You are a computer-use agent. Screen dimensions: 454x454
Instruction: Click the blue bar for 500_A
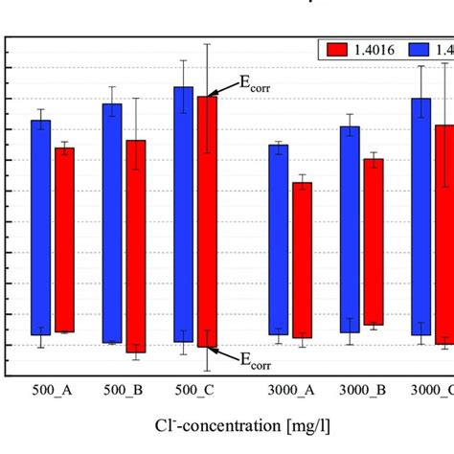(41, 227)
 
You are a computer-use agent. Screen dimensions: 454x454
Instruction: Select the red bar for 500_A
(64, 239)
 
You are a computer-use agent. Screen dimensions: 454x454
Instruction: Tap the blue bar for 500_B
(112, 223)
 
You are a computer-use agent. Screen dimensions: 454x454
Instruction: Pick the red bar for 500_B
(136, 246)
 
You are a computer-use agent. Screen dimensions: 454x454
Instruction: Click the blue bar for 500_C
(183, 214)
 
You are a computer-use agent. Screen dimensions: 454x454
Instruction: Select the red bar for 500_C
(207, 221)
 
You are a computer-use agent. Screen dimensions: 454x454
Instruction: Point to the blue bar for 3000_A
(278, 239)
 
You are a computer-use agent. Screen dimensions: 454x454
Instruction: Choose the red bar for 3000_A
(302, 260)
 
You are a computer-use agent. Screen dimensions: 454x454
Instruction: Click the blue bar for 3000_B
(350, 230)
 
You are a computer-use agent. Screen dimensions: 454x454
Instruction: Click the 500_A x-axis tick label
(53, 391)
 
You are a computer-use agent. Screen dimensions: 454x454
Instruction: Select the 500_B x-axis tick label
(124, 391)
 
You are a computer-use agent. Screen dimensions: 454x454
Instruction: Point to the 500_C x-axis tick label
(194, 391)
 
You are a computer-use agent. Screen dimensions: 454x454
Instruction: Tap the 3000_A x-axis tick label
(289, 391)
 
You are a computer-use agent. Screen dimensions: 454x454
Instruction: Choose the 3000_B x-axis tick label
(361, 391)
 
